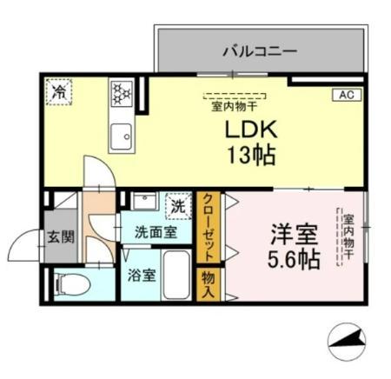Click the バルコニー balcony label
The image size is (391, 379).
coord(258,51)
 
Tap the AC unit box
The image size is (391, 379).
coord(344,95)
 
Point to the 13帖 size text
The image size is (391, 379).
coord(251,157)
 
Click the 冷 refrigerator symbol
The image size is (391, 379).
coord(59,90)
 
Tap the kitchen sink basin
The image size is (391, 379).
coord(121,134)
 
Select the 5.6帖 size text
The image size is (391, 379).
coord(294,258)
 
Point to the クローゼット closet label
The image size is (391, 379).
coord(209,229)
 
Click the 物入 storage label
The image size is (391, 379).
coord(209,284)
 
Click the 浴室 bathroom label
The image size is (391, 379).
coord(142,276)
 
